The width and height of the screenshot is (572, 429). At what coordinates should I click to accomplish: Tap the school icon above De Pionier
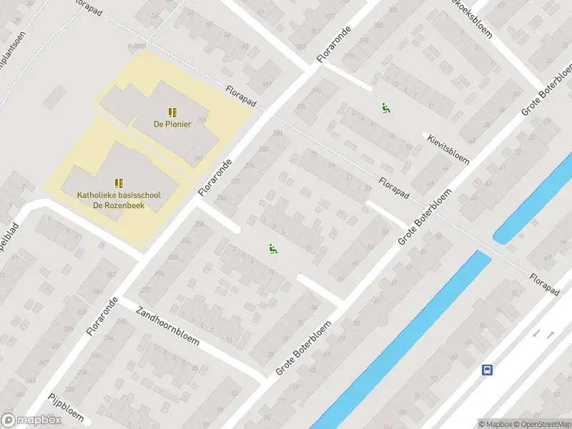click(x=171, y=112)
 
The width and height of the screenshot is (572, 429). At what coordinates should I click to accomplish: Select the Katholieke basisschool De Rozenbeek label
click(x=119, y=200)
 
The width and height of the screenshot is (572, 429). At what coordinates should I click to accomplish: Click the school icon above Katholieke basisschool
click(x=119, y=184)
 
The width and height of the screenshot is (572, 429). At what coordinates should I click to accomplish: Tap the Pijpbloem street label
click(x=66, y=408)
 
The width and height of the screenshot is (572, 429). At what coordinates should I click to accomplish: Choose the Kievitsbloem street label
click(x=448, y=148)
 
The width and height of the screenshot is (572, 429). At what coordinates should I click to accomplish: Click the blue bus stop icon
click(x=488, y=370)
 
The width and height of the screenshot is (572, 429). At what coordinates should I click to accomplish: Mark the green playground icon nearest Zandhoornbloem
click(x=272, y=249)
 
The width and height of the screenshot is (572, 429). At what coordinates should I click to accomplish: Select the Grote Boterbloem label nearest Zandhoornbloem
click(x=303, y=348)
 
